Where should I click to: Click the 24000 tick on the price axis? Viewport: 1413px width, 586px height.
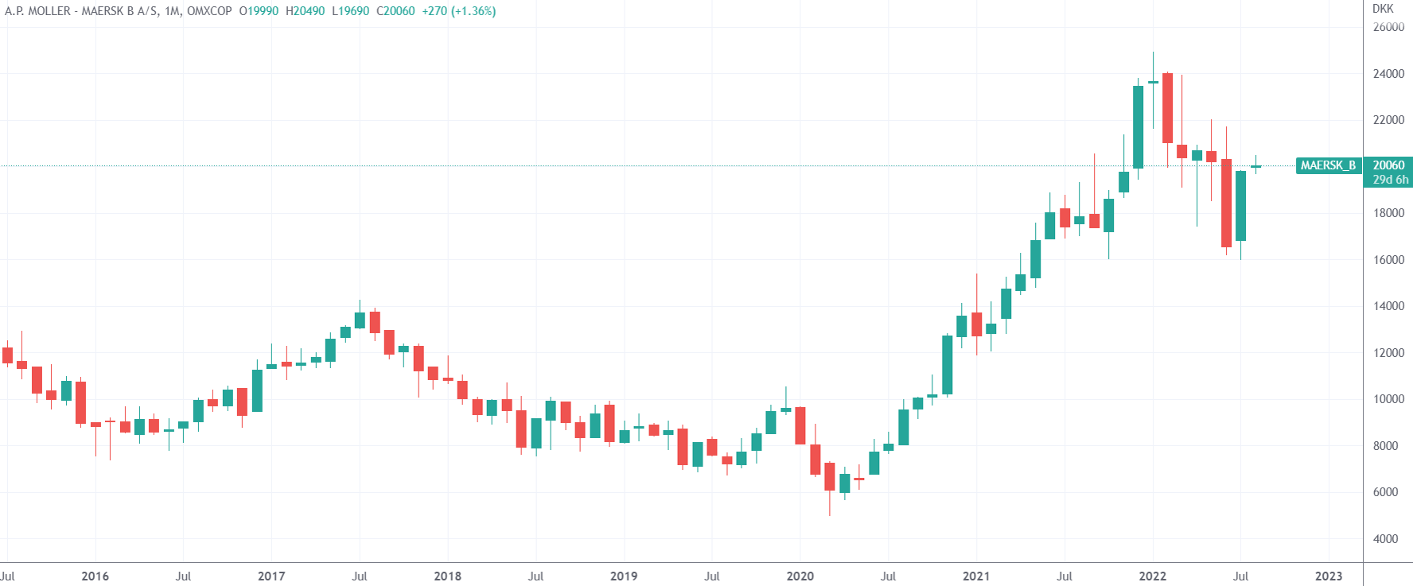click(x=1388, y=74)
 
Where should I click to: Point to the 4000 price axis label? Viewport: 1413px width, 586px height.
click(x=1385, y=539)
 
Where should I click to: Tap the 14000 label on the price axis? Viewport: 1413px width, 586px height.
click(x=1388, y=306)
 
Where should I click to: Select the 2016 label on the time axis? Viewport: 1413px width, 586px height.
click(x=95, y=576)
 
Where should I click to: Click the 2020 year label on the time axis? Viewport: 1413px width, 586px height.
click(x=800, y=576)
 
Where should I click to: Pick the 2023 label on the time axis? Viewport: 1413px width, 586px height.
click(x=1328, y=576)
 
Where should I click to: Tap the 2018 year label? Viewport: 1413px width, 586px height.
click(x=447, y=576)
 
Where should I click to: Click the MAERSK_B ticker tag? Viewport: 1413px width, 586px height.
click(x=1328, y=165)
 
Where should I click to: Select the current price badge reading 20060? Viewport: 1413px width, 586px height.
click(x=1388, y=165)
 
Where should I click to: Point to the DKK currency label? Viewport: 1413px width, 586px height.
click(x=1383, y=9)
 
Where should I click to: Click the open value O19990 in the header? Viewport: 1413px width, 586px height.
click(x=259, y=11)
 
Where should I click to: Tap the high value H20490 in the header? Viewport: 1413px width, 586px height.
click(x=305, y=11)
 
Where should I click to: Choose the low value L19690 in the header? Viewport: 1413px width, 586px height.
click(x=350, y=11)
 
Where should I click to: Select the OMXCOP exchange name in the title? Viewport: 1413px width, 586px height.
click(x=209, y=11)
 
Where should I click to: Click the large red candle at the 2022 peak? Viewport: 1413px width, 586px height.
click(x=1167, y=108)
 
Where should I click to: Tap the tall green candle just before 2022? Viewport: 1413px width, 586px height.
click(x=1138, y=127)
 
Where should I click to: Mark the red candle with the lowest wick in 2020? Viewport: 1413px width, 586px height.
click(x=830, y=477)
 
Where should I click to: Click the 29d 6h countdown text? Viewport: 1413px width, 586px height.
click(x=1390, y=180)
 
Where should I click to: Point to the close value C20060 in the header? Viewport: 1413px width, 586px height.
click(x=395, y=11)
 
